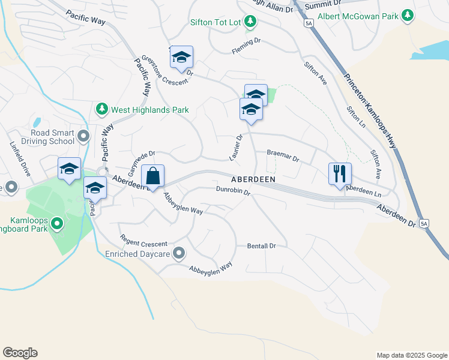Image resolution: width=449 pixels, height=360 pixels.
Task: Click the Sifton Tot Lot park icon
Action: coord(251,23)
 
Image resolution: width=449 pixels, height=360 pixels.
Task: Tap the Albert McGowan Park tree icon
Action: coord(408,16)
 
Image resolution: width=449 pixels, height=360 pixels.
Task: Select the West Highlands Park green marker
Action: coord(101,109)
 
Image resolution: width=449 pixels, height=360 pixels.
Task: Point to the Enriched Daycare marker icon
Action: coord(178,254)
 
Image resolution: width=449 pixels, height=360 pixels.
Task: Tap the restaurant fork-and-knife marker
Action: coord(340,174)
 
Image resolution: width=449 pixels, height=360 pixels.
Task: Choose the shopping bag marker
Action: coord(153,176)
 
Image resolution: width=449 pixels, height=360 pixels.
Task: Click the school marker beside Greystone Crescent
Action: coord(181,57)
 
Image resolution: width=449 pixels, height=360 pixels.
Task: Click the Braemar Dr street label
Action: coord(283,156)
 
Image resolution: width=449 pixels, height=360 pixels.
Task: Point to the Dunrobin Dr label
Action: coord(233,191)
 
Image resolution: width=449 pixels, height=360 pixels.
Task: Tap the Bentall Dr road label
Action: coord(261,246)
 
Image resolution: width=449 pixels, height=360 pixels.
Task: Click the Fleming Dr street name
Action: coord(247,47)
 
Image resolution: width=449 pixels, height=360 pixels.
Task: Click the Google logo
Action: coord(20,353)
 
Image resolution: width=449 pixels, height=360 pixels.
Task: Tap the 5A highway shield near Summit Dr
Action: coord(309,23)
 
